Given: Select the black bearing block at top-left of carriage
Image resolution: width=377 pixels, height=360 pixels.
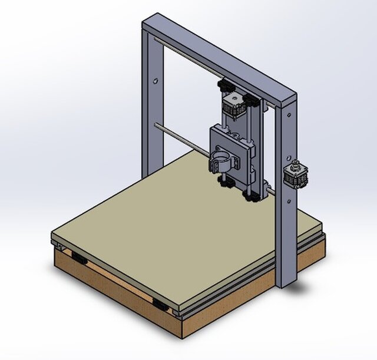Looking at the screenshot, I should click(225, 87).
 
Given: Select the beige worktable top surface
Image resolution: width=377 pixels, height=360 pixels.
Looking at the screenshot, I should click(177, 218).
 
